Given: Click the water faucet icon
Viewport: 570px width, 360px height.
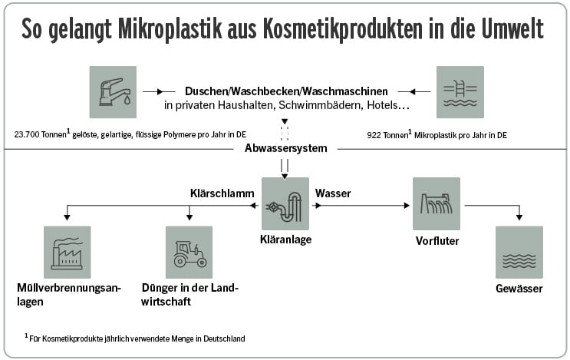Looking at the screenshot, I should click(x=114, y=91).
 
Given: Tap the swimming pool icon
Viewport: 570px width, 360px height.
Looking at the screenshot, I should click(x=460, y=91).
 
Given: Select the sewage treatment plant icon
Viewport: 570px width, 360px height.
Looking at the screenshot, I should click(x=285, y=203).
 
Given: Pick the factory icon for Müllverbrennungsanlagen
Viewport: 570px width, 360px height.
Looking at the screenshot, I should click(x=68, y=252).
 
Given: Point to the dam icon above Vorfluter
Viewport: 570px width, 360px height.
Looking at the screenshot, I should click(x=436, y=203).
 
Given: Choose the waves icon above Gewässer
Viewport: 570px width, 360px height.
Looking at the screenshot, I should click(x=519, y=252).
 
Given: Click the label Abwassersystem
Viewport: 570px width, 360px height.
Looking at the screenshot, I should click(x=285, y=148).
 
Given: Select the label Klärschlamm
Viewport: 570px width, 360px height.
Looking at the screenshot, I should click(x=222, y=193).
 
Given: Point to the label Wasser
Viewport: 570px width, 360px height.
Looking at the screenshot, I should click(x=333, y=193).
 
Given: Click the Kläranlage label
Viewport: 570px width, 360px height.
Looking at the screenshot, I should click(x=285, y=239).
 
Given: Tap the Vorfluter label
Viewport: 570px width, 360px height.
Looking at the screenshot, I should click(x=436, y=239).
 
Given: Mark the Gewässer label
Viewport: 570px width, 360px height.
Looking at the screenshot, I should click(x=519, y=289).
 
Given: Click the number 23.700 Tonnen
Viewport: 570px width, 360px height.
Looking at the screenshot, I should click(x=43, y=134).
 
